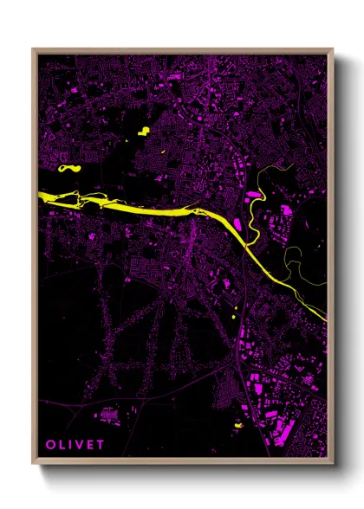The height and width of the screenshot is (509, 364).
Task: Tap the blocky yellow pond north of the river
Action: point(143,132)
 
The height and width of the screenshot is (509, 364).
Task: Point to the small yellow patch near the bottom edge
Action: point(237,427)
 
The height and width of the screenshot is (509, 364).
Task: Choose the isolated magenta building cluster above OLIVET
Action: point(109,416)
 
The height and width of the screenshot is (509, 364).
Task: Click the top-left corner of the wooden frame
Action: point(34,50)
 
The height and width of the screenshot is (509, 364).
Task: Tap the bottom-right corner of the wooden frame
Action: point(332,462)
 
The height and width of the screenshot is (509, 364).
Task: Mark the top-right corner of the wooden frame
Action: point(332,50)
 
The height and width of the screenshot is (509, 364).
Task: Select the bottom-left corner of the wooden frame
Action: point(34,462)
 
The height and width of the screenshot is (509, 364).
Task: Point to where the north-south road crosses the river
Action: point(246,246)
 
